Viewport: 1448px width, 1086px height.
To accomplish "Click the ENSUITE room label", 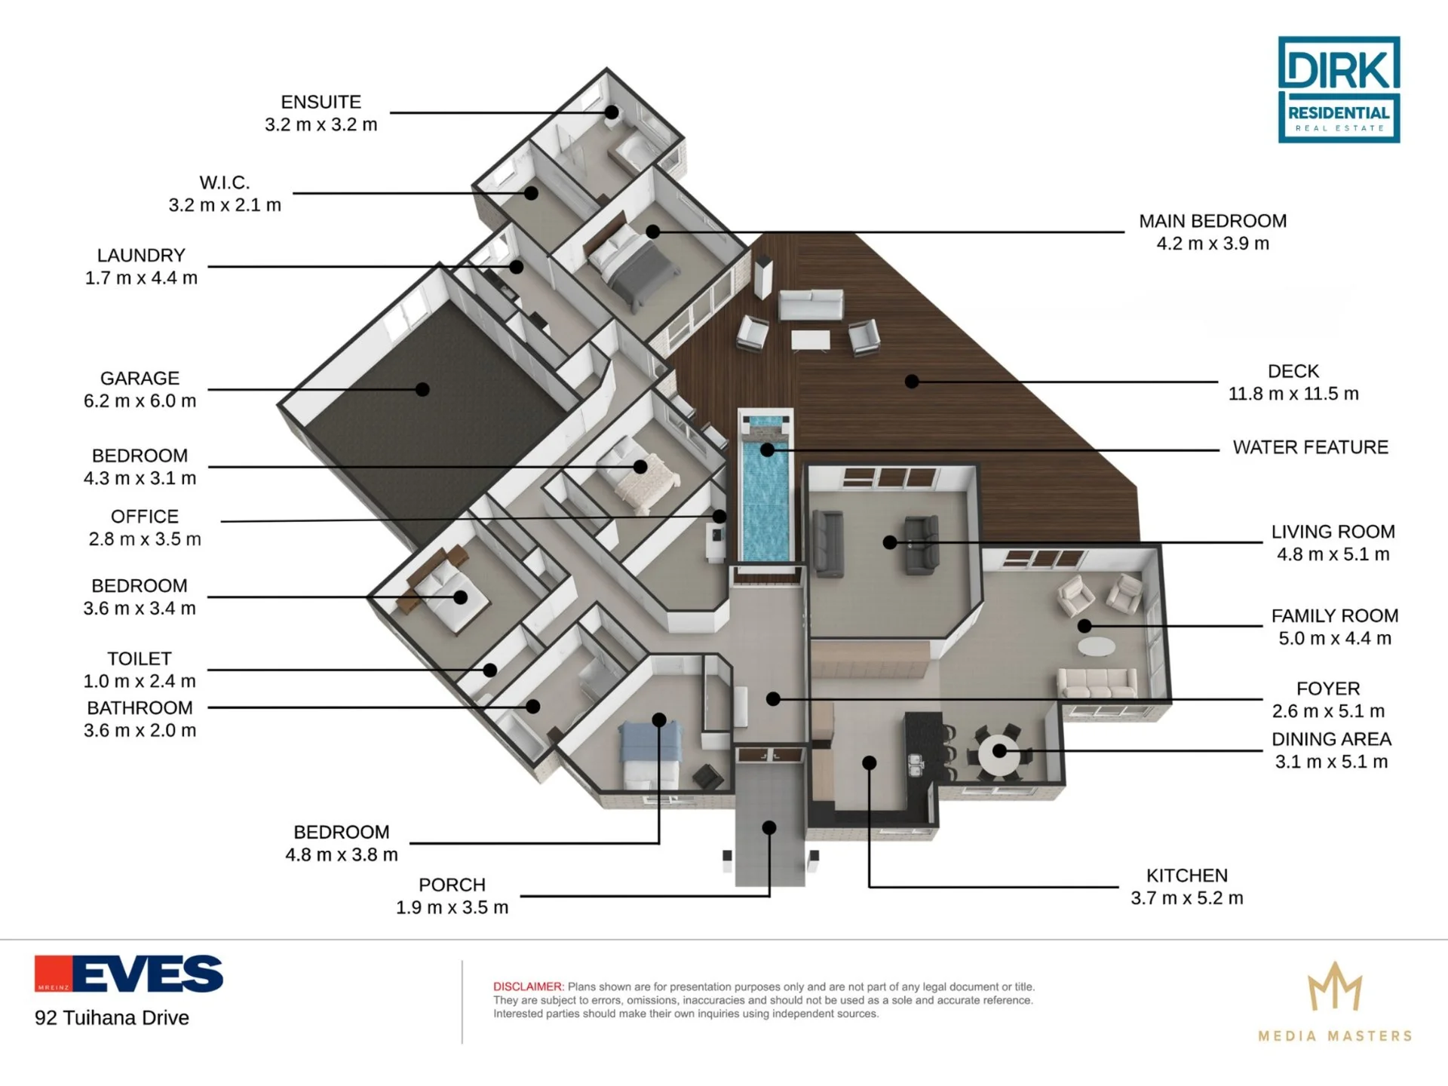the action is pyautogui.click(x=321, y=102).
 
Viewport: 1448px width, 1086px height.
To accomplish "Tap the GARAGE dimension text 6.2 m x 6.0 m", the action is pyautogui.click(x=140, y=400).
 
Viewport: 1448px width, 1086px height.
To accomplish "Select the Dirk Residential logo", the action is pyautogui.click(x=1339, y=90).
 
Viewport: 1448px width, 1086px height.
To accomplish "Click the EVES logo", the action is pyautogui.click(x=129, y=973).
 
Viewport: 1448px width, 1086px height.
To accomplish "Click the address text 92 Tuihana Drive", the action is pyautogui.click(x=112, y=1018).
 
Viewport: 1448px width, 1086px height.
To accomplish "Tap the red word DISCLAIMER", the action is pyautogui.click(x=528, y=986).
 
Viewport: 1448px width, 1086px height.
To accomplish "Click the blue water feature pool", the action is pyautogui.click(x=766, y=498).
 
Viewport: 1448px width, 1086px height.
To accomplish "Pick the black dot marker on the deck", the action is pyautogui.click(x=912, y=382).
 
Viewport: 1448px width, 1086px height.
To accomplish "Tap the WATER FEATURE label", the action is pyautogui.click(x=1311, y=447).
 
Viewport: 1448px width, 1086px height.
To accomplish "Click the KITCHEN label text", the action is pyautogui.click(x=1187, y=876).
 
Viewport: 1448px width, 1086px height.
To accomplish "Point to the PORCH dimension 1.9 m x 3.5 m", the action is pyautogui.click(x=452, y=907).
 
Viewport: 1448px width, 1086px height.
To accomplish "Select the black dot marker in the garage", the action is pyautogui.click(x=422, y=390).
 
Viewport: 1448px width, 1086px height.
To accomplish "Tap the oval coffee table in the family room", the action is pyautogui.click(x=1097, y=647).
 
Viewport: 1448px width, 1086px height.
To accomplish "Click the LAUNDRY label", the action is pyautogui.click(x=141, y=256).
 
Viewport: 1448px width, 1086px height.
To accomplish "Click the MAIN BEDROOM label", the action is pyautogui.click(x=1213, y=221).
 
